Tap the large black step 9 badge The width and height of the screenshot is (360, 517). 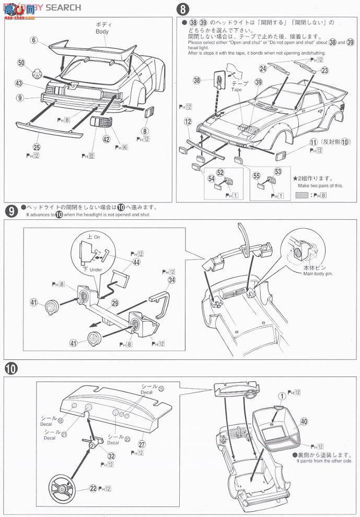[10, 211]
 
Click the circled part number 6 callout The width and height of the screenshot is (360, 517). [34, 40]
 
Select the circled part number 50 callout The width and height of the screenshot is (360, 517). [21, 63]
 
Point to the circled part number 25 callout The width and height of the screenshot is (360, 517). [36, 148]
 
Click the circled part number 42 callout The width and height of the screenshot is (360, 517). [106, 139]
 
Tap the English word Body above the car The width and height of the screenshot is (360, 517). [101, 31]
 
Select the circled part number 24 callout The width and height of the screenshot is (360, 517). [263, 68]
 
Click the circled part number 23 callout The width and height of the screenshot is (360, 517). [324, 70]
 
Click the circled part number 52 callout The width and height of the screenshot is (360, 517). [220, 172]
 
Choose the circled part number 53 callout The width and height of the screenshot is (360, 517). [277, 171]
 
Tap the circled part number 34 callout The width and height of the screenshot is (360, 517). [171, 280]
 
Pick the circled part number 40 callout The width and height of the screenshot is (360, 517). [319, 422]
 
